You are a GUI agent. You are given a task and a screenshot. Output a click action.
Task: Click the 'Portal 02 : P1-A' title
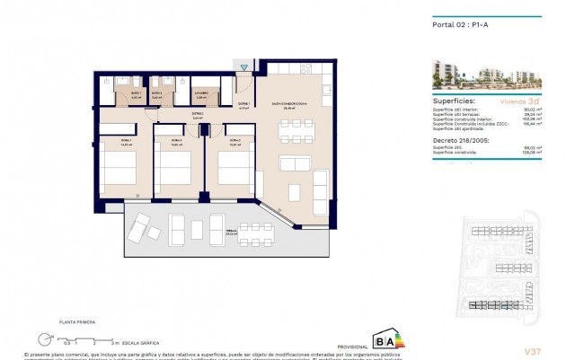tap(448, 24)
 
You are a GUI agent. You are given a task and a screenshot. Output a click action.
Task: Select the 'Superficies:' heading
tap(444, 102)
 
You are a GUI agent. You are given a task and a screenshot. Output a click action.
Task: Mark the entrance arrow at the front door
tap(243, 66)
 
